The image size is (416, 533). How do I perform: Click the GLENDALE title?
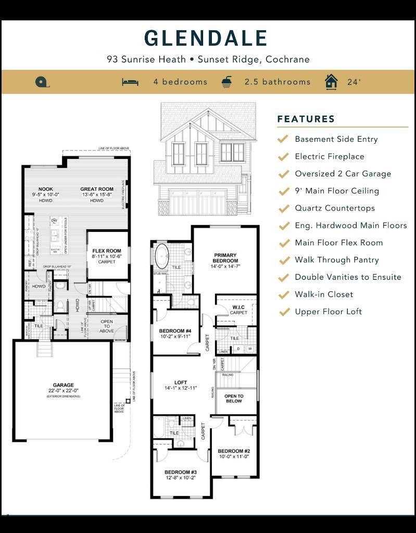click(x=206, y=38)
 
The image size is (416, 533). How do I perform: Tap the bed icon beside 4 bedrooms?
click(x=130, y=82)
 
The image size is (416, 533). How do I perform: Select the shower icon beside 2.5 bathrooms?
click(x=227, y=82)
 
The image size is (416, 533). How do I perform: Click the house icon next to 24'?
click(x=331, y=82)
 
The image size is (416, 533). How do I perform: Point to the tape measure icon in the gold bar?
click(x=41, y=82)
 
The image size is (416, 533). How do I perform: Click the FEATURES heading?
click(x=306, y=119)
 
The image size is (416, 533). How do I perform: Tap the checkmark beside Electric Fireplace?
click(x=284, y=156)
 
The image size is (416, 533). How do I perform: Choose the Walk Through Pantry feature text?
click(x=336, y=259)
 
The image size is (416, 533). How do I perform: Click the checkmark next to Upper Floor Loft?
click(x=284, y=312)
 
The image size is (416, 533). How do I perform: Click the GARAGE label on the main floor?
click(x=63, y=385)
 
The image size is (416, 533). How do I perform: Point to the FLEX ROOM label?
click(x=107, y=251)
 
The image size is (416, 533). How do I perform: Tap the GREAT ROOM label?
click(x=97, y=189)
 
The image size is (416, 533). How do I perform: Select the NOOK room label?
click(x=46, y=189)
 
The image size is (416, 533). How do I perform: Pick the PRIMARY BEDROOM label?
click(x=225, y=258)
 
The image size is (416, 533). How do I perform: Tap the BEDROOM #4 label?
click(x=175, y=331)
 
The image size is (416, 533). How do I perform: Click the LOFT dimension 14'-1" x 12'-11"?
click(x=181, y=388)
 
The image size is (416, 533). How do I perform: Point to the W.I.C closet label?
click(x=238, y=307)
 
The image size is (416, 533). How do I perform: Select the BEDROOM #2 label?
click(x=234, y=451)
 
